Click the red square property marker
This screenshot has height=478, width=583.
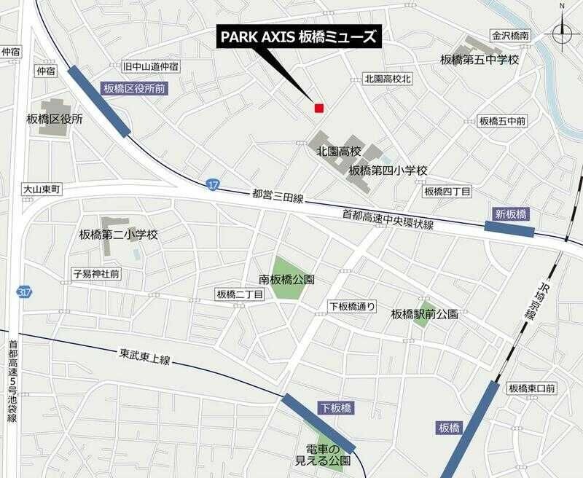[318, 108]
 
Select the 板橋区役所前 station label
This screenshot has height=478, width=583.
[134, 89]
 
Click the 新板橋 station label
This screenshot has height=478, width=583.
[511, 213]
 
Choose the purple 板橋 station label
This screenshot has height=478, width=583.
[450, 426]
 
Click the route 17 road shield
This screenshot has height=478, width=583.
[212, 184]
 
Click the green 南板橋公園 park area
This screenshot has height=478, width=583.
[289, 278]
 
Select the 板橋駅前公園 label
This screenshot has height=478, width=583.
[424, 314]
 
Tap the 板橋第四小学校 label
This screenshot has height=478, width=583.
[387, 171]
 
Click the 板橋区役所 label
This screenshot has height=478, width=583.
[54, 119]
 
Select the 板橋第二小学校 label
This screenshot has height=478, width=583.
[118, 235]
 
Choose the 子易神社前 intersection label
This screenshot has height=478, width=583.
[96, 274]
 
